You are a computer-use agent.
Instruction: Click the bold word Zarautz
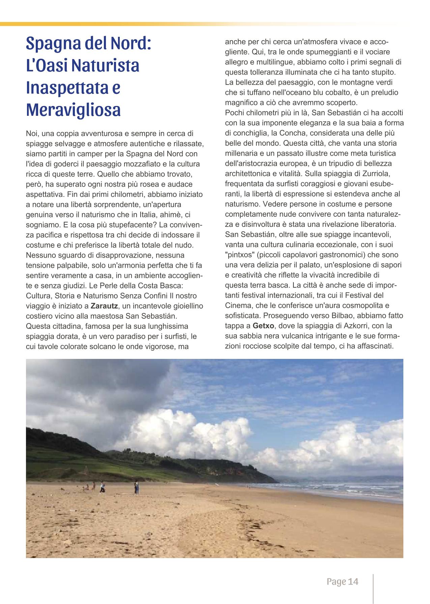tap(103, 306)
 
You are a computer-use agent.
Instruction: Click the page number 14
tap(353, 581)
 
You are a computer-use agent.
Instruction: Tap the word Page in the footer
tap(336, 581)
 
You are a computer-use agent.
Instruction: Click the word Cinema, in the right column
tap(237, 306)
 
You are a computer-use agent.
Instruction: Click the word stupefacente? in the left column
tap(131, 225)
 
